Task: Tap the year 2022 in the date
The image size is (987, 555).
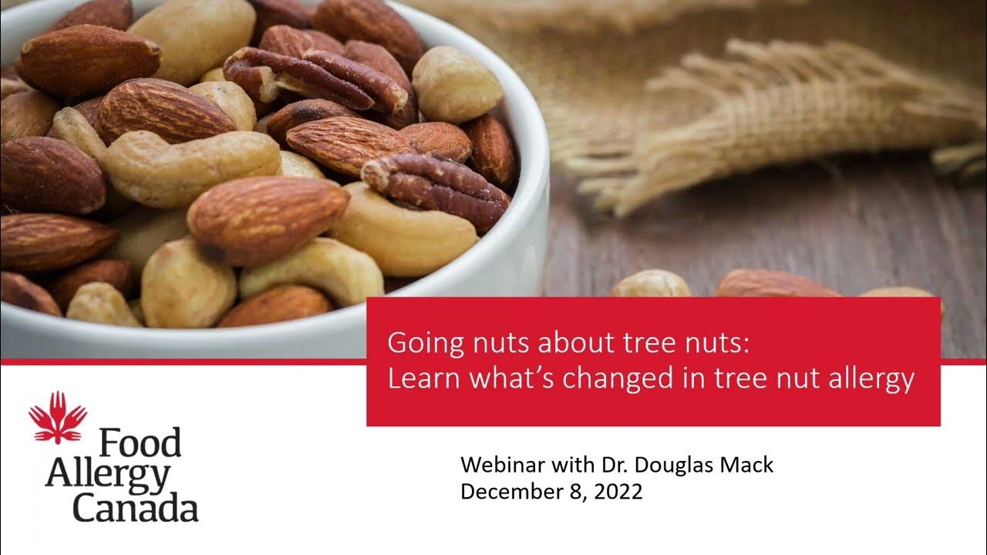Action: [x=618, y=492]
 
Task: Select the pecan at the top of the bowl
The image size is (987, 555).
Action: [x=316, y=77]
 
